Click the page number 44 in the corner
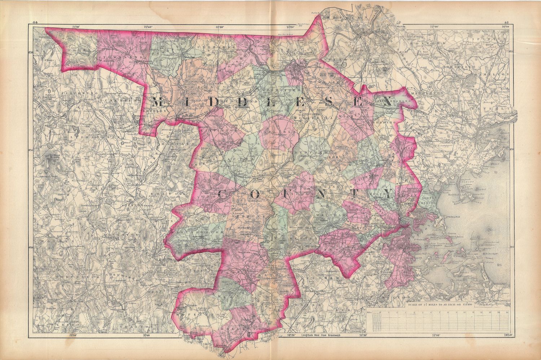point(35,23)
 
